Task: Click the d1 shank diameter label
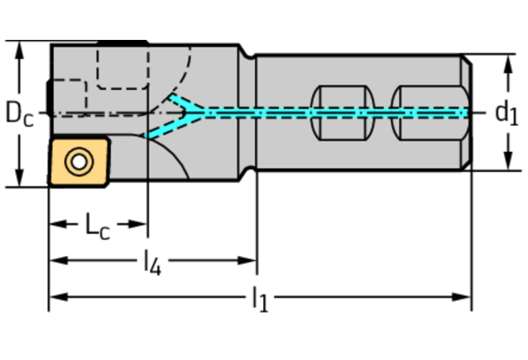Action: pyautogui.click(x=507, y=112)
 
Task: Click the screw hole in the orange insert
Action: pyautogui.click(x=78, y=162)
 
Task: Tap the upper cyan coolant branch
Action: pyautogui.click(x=186, y=104)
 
